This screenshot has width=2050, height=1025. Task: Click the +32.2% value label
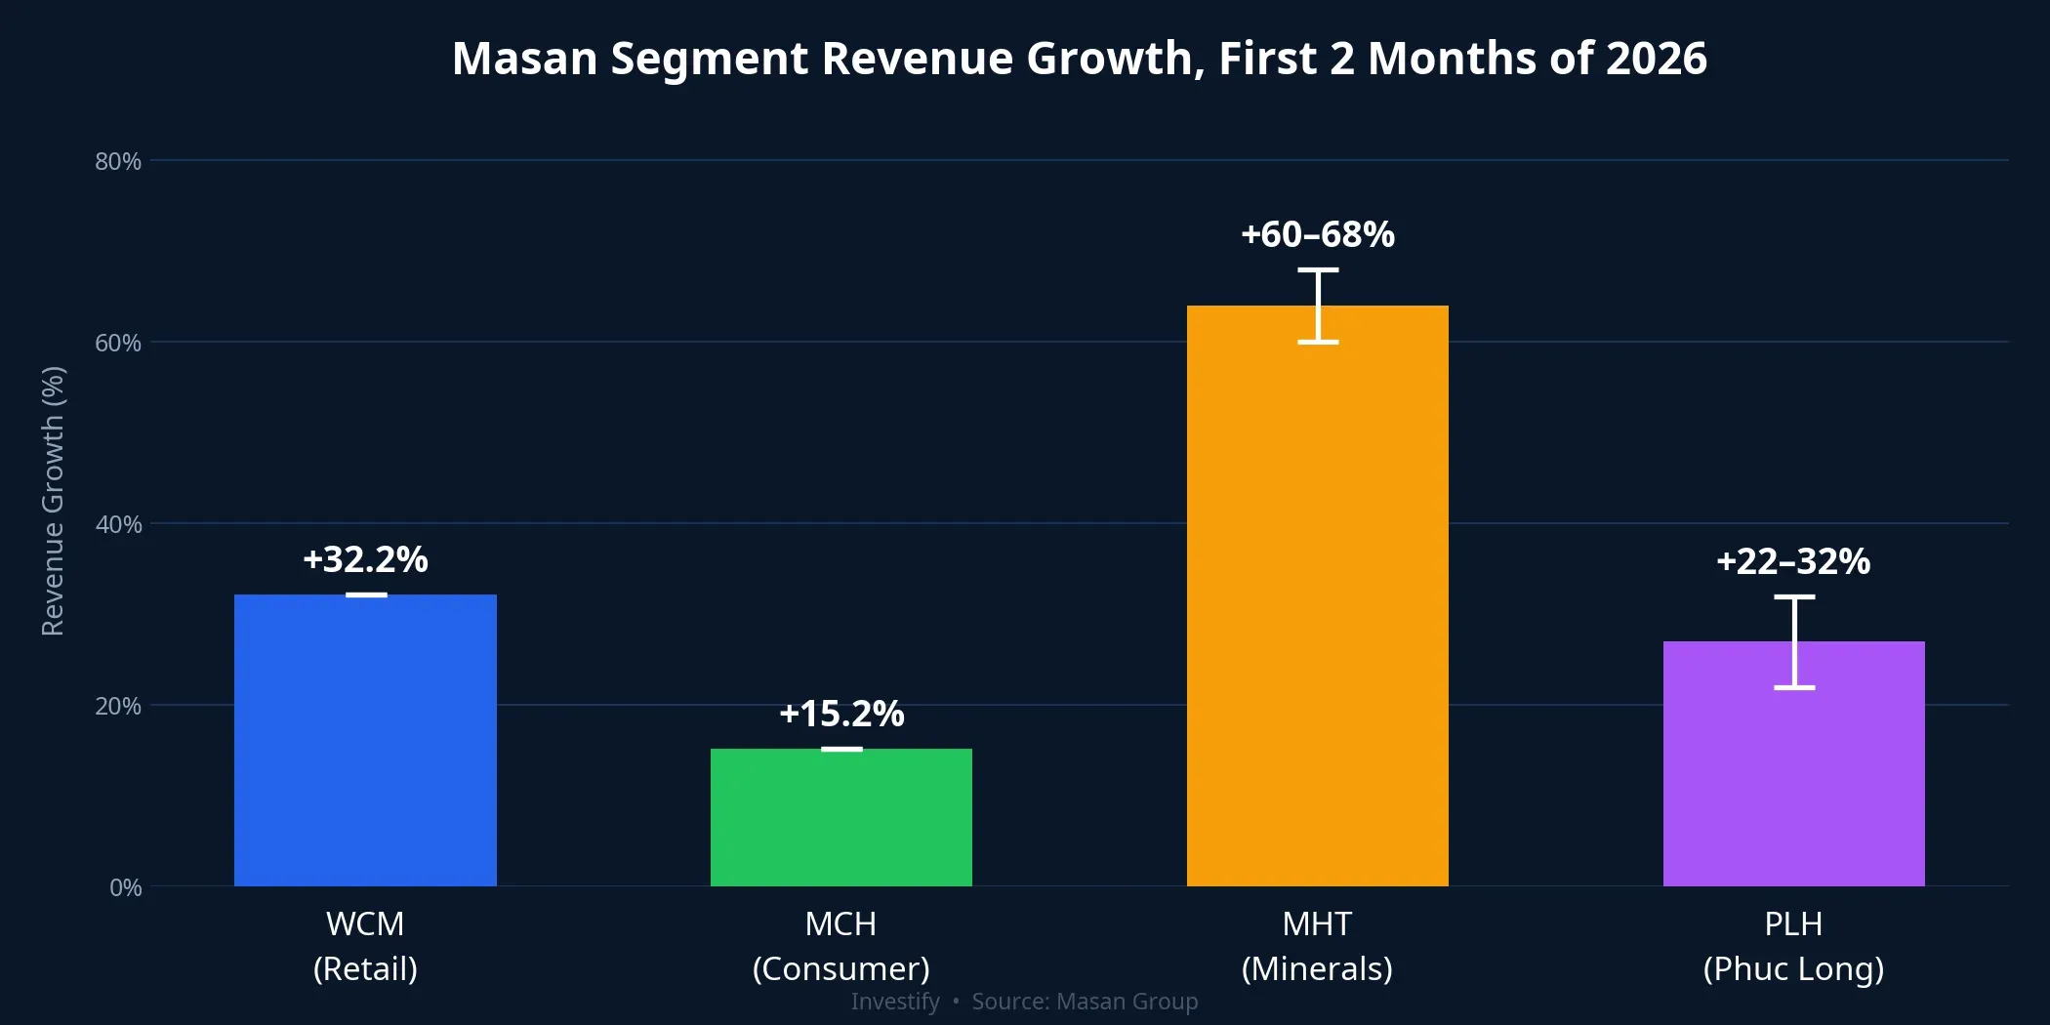point(365,559)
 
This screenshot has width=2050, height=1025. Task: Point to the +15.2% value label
point(841,714)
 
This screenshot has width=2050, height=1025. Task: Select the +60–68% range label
point(1317,234)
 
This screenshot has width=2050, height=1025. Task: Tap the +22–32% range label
point(1793,561)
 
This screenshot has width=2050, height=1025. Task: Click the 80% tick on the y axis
point(118,161)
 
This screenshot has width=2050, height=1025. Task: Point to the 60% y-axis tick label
point(118,343)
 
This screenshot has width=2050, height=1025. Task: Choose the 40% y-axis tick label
point(118,524)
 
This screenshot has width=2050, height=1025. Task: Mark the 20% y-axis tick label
point(118,706)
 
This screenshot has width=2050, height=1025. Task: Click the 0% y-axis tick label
point(125,887)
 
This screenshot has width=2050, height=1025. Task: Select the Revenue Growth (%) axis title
point(53,501)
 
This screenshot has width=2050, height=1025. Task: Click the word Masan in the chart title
point(524,59)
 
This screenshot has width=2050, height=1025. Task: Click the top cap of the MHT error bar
point(1317,269)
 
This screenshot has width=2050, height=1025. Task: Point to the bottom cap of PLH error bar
point(1793,687)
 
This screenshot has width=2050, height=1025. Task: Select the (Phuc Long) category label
point(1793,968)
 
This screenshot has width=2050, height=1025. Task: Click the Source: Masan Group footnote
point(1085,1002)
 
